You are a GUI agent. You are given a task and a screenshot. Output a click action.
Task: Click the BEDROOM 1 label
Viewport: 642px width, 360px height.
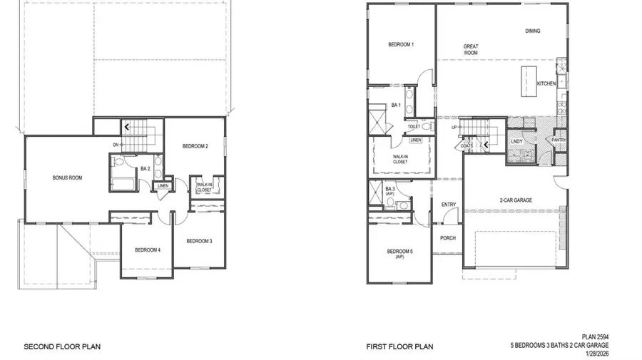[x=401, y=45]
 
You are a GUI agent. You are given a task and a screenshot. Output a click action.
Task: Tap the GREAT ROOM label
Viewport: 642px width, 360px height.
[x=471, y=50]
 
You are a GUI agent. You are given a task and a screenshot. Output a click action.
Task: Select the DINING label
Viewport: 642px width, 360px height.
[x=533, y=31]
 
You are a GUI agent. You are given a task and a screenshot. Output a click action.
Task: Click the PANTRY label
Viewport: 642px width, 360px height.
[x=559, y=140]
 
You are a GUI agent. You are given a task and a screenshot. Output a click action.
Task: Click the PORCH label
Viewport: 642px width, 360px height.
[x=448, y=238]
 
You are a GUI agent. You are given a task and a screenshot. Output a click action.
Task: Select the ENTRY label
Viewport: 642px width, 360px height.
[x=449, y=205]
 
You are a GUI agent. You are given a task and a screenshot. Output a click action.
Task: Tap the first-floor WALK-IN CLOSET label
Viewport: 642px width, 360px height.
[x=400, y=159]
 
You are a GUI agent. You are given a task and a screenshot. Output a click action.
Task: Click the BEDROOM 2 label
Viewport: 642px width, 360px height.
[x=195, y=146]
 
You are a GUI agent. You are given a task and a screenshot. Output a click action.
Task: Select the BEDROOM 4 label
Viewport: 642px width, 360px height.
[x=148, y=250]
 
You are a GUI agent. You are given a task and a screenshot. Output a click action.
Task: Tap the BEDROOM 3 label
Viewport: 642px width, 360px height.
[x=199, y=241]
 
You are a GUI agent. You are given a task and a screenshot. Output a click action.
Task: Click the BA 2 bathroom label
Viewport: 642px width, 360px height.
[x=145, y=169]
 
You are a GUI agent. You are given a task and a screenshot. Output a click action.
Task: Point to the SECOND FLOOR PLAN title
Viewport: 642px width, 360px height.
[x=62, y=347]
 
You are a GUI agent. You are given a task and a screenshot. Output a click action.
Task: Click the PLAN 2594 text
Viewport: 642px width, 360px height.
[x=596, y=336]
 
